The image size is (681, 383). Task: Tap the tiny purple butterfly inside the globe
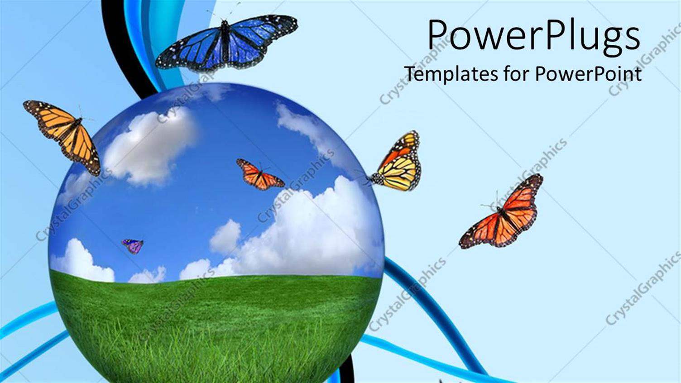pos(133,246)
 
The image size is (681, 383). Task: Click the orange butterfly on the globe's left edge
pos(65,134)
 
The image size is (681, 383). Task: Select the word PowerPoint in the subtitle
pos(588,73)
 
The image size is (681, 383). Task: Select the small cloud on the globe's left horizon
pos(82,263)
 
